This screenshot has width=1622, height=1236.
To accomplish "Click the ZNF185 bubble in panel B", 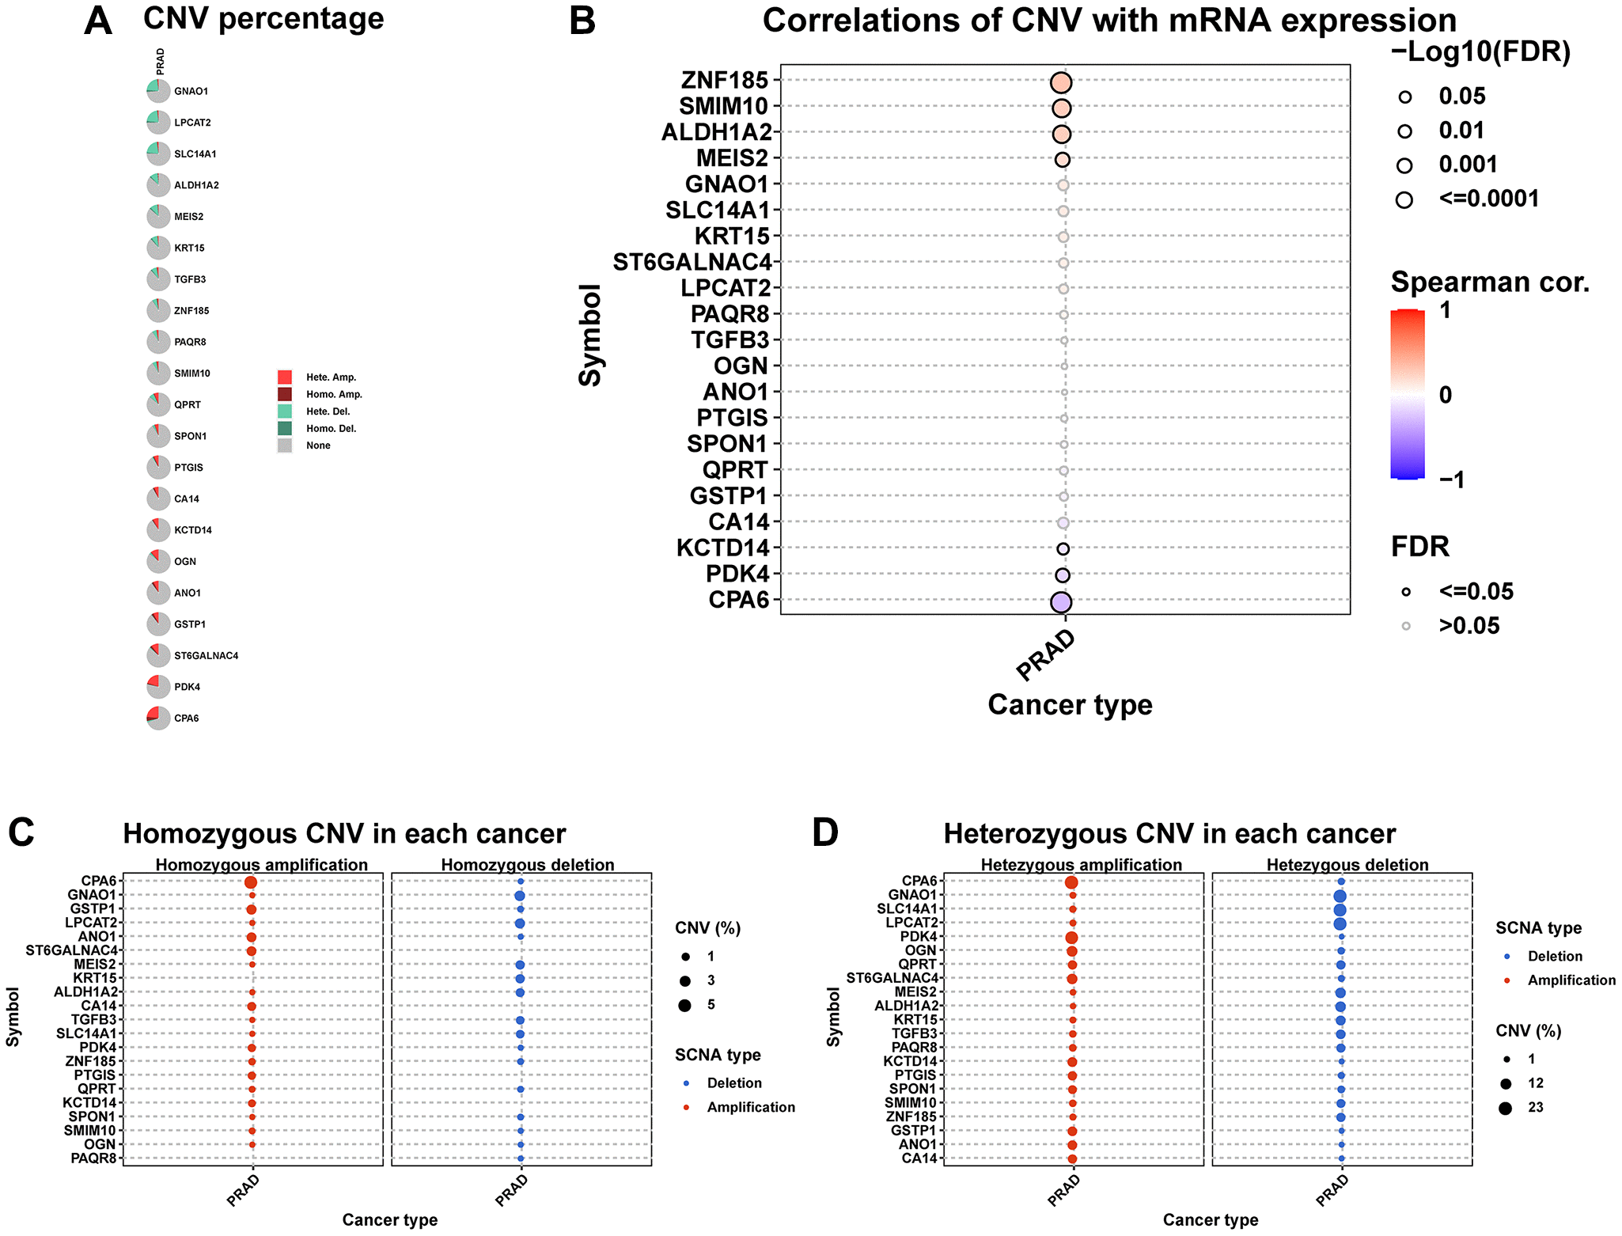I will pos(1061,83).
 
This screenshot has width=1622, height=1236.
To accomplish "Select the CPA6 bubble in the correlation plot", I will pos(1061,602).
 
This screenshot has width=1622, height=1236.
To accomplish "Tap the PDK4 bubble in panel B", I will pos(1063,575).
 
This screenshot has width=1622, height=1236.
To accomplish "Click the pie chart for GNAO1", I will pos(158,91).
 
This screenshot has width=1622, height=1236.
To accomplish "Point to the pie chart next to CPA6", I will pos(158,718).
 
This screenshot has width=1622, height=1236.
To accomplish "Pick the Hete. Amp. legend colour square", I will pos(285,377).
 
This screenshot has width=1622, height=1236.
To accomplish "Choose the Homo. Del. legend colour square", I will pos(285,428).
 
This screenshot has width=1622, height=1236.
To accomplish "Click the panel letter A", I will pos(97,21).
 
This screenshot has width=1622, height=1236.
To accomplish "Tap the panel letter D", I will pos(825,833).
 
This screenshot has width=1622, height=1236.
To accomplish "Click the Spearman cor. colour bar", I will pos(1408,394).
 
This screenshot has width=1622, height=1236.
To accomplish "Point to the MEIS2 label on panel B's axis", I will pos(732,158).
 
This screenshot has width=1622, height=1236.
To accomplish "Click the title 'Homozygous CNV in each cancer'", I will pos(344,834).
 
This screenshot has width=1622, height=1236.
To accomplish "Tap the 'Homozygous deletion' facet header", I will pos(528,865).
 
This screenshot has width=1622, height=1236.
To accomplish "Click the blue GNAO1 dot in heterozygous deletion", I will pos(1340,896).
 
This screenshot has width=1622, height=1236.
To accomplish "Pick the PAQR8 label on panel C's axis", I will pos(93,1158).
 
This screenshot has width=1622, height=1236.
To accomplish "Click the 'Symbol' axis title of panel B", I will pos(590,336).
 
